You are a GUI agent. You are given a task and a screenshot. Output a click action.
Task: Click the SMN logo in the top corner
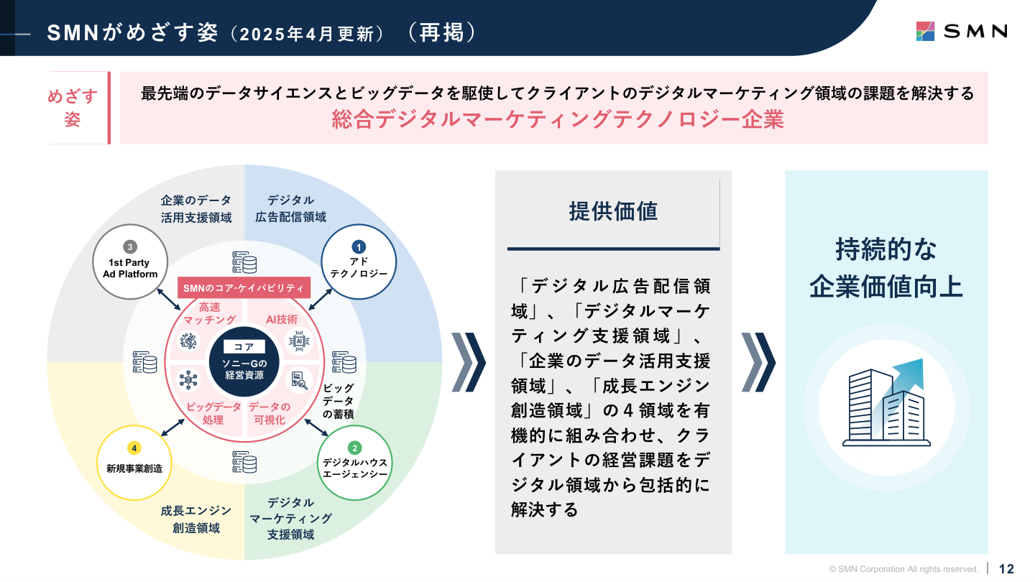coord(961,31)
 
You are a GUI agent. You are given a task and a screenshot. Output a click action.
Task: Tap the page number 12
coord(1006,569)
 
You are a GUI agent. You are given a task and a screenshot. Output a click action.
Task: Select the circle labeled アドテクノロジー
coord(358,262)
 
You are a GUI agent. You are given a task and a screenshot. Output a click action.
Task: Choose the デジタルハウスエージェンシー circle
coord(354,464)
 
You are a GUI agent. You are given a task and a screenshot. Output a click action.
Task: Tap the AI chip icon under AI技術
coord(298,341)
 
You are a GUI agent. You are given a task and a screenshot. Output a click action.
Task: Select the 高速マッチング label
coord(209,313)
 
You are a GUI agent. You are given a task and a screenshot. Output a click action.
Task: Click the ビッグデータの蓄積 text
coord(338,401)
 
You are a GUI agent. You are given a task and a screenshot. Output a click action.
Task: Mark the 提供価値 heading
coord(612,211)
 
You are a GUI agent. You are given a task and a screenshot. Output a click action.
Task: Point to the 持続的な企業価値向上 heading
coord(885,268)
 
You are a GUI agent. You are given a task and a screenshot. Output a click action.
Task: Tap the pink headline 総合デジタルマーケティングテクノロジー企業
coord(558,119)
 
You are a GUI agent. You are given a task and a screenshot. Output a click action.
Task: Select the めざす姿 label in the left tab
coord(73,108)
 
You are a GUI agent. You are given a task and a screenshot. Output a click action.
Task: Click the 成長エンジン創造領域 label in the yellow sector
coord(196,519)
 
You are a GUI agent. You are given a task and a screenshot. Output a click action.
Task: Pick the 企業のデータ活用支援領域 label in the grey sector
coord(196,208)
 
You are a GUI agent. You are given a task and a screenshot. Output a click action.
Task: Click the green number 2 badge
coord(354,448)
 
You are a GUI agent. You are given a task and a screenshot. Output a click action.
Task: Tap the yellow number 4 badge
coord(134,448)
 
